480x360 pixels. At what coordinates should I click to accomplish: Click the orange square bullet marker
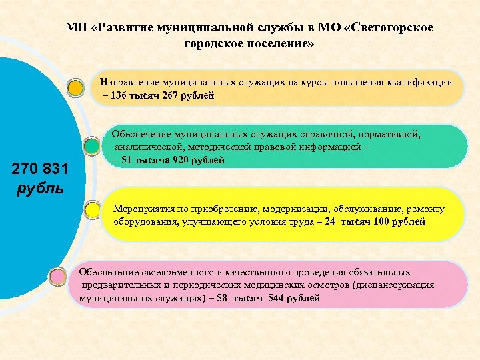click(x=77, y=87)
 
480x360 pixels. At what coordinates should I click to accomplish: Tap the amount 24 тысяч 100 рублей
click(x=375, y=221)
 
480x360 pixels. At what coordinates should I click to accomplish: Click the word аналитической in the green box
click(x=149, y=147)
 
